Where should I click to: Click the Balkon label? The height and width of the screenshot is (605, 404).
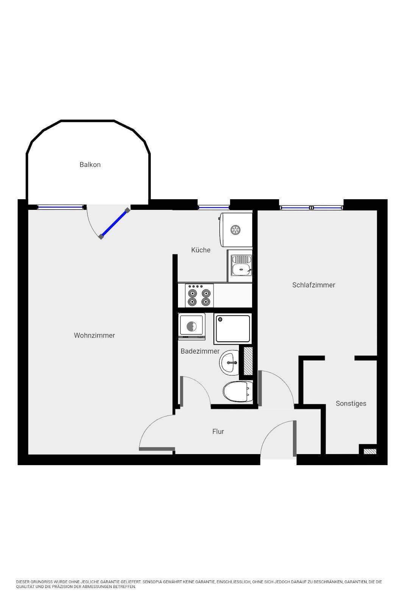(90, 164)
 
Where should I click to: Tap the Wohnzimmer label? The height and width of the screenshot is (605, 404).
(94, 335)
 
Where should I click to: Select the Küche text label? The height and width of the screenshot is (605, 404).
(201, 250)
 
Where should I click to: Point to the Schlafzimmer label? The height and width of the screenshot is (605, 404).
(314, 285)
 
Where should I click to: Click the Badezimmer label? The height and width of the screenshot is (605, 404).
(200, 351)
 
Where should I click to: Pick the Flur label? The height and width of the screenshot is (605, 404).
(218, 431)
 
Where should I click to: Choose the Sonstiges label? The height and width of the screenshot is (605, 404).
(351, 403)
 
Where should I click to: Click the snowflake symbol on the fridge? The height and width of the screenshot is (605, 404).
(235, 230)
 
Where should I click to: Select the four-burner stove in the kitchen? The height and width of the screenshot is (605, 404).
(199, 295)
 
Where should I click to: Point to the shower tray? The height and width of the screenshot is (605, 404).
(233, 329)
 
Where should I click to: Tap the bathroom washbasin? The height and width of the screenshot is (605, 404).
(229, 363)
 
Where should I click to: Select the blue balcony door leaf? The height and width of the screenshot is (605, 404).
(114, 223)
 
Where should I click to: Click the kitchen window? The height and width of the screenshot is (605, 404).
(214, 208)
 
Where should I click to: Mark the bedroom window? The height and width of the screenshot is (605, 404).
(312, 208)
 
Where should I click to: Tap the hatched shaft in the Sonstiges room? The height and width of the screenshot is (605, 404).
(370, 451)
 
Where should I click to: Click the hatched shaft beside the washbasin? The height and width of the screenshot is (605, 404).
(248, 361)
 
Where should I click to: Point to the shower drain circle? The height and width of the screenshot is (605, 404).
(220, 320)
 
